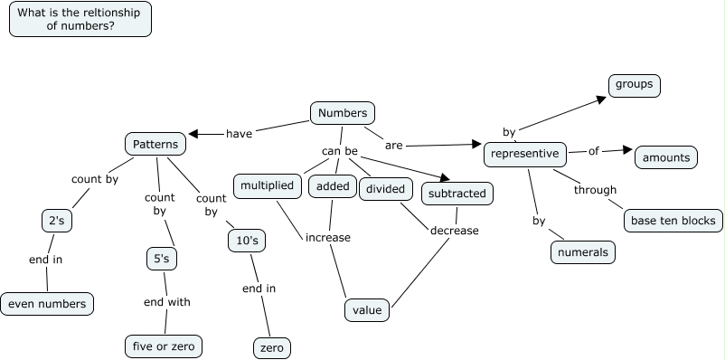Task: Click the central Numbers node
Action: pos(343,113)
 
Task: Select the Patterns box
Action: pos(155,144)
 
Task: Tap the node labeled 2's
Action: pos(55,220)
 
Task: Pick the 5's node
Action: pos(161,259)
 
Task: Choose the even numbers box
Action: pos(48,304)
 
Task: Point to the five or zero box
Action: pos(162,346)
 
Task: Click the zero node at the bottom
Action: pos(271,347)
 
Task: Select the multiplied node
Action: pos(267,186)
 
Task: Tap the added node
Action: pos(332,187)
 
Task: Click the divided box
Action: pos(386,189)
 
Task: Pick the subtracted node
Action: pos(457,193)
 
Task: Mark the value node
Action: pos(367,310)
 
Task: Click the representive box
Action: pos(526,155)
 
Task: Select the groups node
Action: pos(634,86)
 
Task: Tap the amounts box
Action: pos(666,157)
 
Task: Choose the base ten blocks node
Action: pos(673,220)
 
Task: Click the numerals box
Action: pos(583,252)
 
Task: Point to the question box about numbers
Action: pos(80,19)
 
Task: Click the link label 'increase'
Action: pos(327,238)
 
